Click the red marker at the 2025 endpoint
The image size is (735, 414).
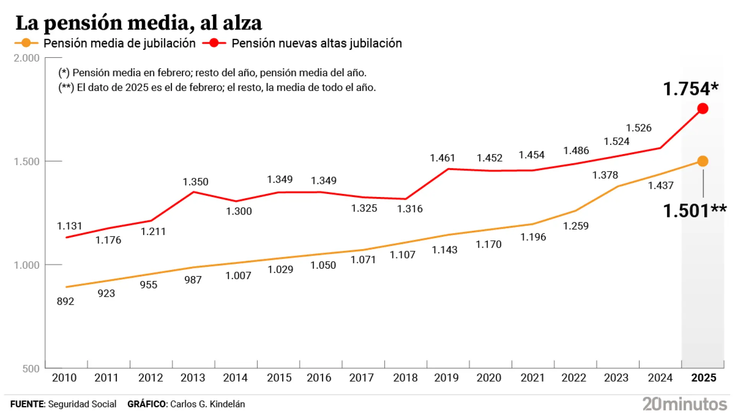pos(702,108)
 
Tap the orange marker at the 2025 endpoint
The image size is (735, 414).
pos(702,161)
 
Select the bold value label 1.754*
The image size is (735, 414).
pos(690,89)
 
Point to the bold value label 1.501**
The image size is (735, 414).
pos(694,211)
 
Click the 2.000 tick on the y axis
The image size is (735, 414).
pos(26,58)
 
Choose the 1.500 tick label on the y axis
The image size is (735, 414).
pos(26,161)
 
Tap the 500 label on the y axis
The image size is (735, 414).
pos(31,368)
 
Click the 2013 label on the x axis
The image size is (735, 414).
pos(193,378)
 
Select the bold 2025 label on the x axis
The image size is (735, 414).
pos(703,378)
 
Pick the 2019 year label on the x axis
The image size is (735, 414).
pos(446,378)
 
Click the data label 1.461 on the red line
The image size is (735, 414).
pos(442,158)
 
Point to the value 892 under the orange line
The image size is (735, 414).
pos(65,301)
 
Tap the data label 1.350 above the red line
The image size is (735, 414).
pos(195,182)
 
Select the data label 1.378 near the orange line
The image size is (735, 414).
pos(605,175)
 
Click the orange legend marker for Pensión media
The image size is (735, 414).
pos(26,43)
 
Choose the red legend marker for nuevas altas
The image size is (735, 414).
pos(214,43)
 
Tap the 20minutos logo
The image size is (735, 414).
pos(684,404)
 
